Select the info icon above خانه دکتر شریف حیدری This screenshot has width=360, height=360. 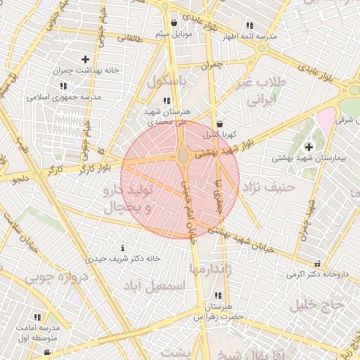[x=123, y=247]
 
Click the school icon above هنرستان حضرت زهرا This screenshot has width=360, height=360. [x=218, y=295]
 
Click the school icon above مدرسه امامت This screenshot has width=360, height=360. [x=37, y=317]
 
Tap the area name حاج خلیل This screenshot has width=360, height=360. [x=319, y=304]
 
